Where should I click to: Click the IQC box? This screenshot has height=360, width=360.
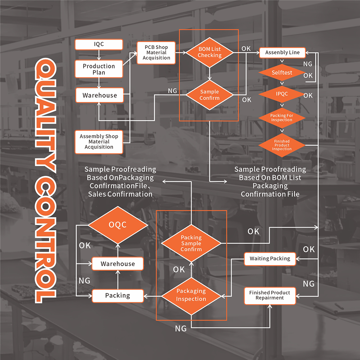pyautogui.click(x=99, y=45)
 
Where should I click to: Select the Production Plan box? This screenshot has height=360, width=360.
pyautogui.click(x=99, y=69)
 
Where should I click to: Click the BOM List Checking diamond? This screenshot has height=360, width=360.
pyautogui.click(x=210, y=53)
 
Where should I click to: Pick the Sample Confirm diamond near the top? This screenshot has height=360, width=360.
pyautogui.click(x=210, y=95)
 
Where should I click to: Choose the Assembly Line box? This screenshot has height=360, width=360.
pyautogui.click(x=282, y=53)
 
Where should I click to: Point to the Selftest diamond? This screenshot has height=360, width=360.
pyautogui.click(x=282, y=73)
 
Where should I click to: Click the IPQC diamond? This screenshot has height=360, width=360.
pyautogui.click(x=282, y=95)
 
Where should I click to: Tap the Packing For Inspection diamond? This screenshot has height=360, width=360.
pyautogui.click(x=282, y=118)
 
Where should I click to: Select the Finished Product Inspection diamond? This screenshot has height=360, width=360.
pyautogui.click(x=282, y=145)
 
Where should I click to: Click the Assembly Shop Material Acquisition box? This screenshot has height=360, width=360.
pyautogui.click(x=99, y=142)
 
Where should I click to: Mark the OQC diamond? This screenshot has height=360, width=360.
pyautogui.click(x=118, y=225)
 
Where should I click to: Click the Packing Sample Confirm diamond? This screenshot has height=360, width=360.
pyautogui.click(x=191, y=243)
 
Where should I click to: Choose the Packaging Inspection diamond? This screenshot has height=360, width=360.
pyautogui.click(x=191, y=295)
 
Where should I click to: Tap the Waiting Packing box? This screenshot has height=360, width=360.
pyautogui.click(x=270, y=258)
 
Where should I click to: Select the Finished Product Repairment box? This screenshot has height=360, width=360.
pyautogui.click(x=270, y=296)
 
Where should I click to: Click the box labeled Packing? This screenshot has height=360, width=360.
pyautogui.click(x=118, y=296)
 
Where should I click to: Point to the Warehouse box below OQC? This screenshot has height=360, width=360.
pyautogui.click(x=118, y=264)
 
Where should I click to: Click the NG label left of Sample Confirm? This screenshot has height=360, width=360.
pyautogui.click(x=172, y=91)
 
